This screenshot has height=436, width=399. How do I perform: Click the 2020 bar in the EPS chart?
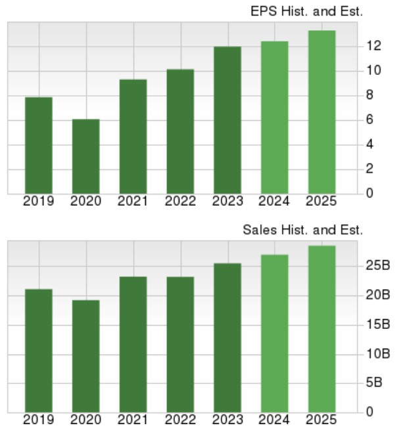(x=86, y=156)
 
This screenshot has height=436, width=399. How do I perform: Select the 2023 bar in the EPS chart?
(x=227, y=120)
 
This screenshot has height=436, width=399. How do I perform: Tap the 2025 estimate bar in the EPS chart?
(x=321, y=112)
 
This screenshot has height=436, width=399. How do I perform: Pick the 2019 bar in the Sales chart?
(x=39, y=351)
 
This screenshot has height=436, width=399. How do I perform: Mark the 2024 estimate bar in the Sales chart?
(x=274, y=334)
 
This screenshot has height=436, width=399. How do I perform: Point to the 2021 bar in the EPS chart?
(x=133, y=137)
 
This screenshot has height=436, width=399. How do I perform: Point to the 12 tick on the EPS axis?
(x=374, y=46)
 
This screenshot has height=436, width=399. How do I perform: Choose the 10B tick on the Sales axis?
(x=379, y=354)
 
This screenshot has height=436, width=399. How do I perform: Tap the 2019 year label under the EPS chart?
(x=39, y=202)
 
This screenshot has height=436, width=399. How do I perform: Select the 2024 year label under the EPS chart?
(x=274, y=202)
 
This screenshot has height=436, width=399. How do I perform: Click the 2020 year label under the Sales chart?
(x=86, y=420)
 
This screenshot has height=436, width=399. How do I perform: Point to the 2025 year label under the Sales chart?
(x=321, y=420)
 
